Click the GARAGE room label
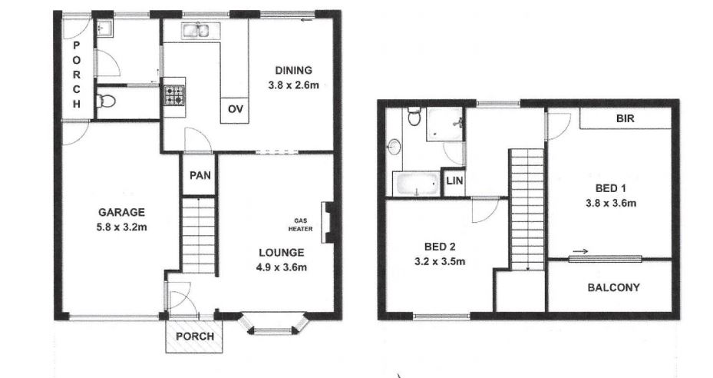[x=122, y=212]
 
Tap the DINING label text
[x=294, y=70]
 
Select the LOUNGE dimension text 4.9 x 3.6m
[x=282, y=267]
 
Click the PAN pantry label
[x=200, y=175]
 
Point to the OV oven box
[x=235, y=110]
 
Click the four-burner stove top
[x=175, y=95]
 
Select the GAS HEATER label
[x=301, y=224]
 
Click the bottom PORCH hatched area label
[x=195, y=337]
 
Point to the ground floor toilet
[x=105, y=101]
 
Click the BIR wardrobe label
[x=626, y=118]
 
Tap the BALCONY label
[x=613, y=287]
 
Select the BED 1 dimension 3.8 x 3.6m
[x=611, y=203]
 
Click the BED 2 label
[x=440, y=247]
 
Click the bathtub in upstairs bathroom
[x=417, y=184]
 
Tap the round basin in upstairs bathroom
[x=394, y=147]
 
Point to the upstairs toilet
[x=414, y=116]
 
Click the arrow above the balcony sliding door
[x=580, y=251]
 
